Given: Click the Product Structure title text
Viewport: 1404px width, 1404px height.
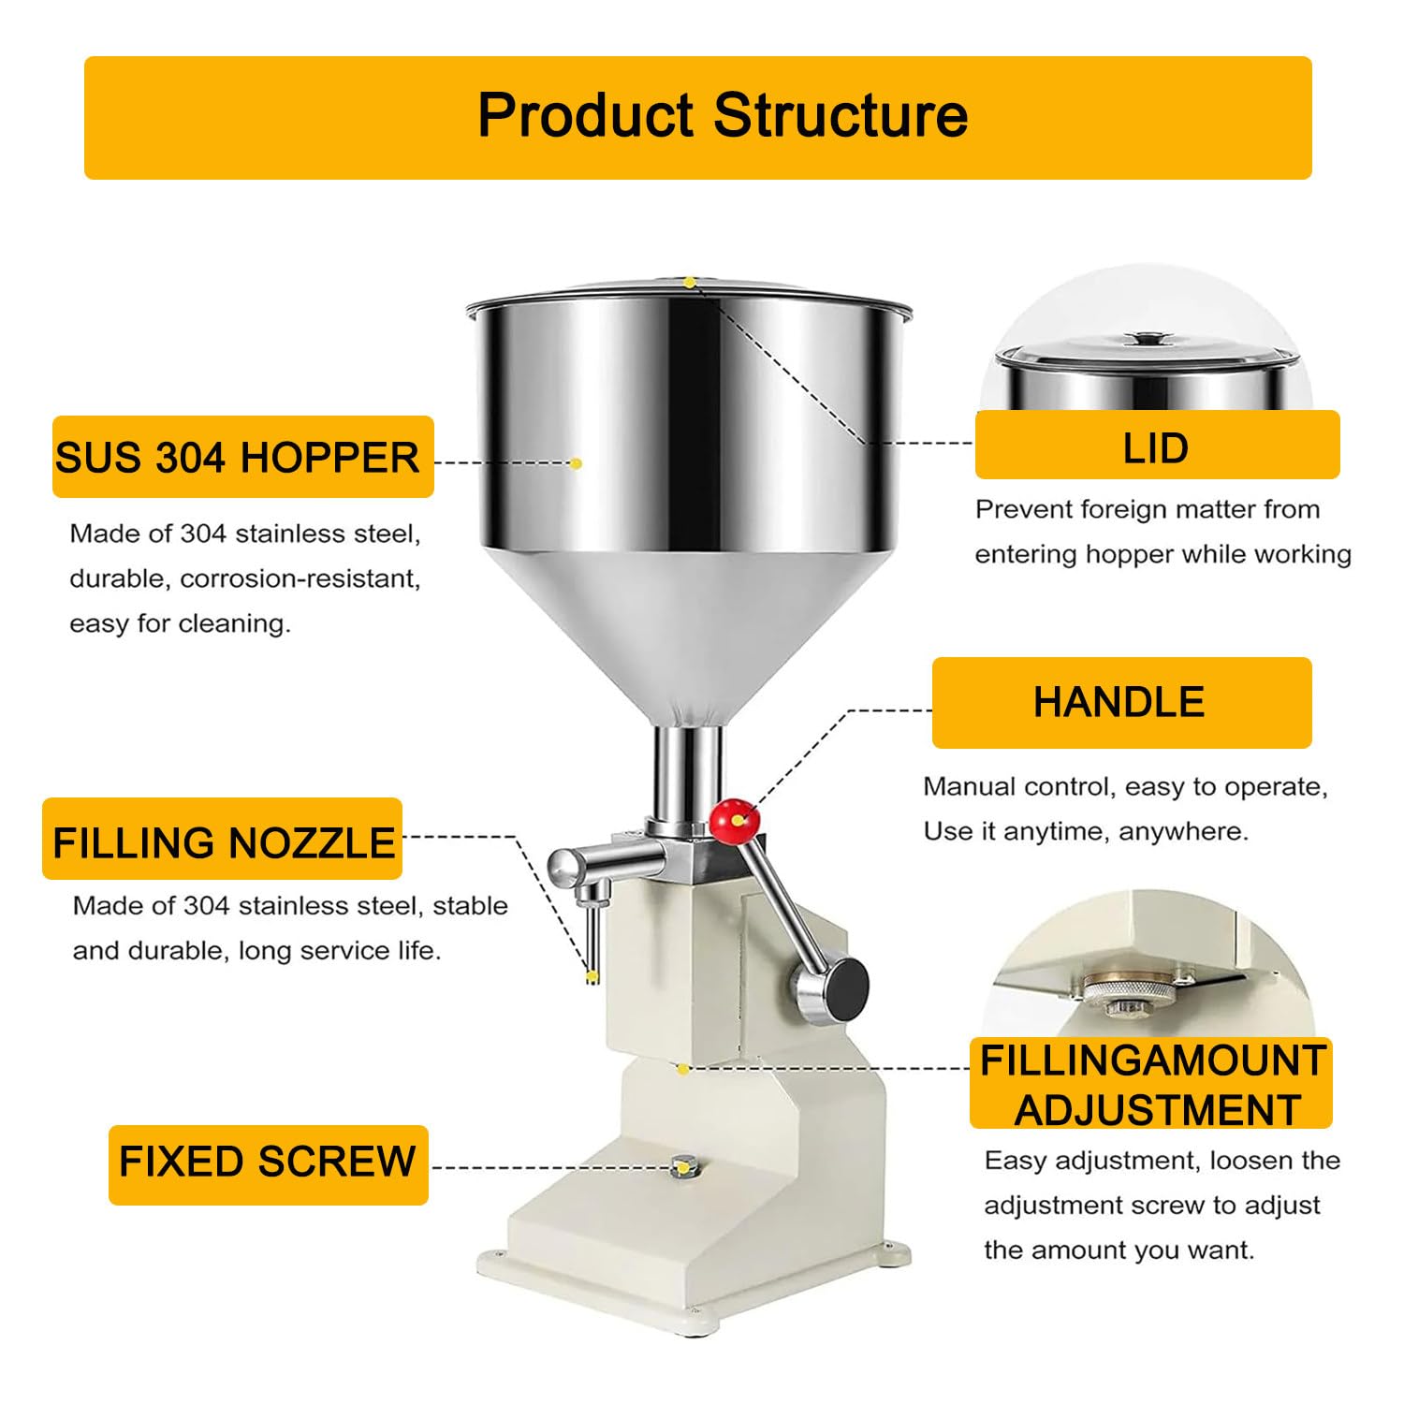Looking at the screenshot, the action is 723,116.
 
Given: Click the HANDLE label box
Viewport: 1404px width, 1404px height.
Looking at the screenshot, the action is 1121,702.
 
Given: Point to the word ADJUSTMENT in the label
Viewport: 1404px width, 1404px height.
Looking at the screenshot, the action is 1157,1110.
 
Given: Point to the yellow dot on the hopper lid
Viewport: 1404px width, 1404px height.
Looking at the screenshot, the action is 689,282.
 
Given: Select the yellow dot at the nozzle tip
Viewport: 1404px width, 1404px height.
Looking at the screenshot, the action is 592,977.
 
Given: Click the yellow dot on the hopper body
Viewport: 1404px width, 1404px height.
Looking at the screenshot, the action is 576,463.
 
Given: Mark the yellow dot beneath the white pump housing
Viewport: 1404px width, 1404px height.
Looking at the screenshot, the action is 683,1069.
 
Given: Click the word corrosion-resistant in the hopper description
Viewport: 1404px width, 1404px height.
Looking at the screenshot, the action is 300,578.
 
